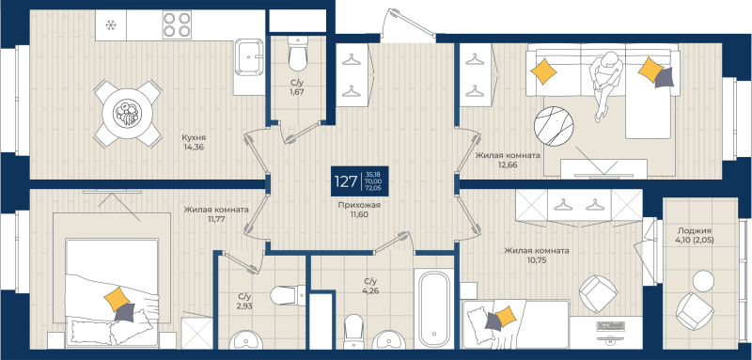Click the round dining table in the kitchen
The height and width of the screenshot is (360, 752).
(x=125, y=112)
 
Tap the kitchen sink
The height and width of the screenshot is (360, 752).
(x=249, y=55)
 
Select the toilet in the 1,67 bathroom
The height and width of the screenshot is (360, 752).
(x=298, y=56)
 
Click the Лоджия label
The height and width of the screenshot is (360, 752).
(x=694, y=230)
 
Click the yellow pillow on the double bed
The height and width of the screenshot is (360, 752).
(x=117, y=300)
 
